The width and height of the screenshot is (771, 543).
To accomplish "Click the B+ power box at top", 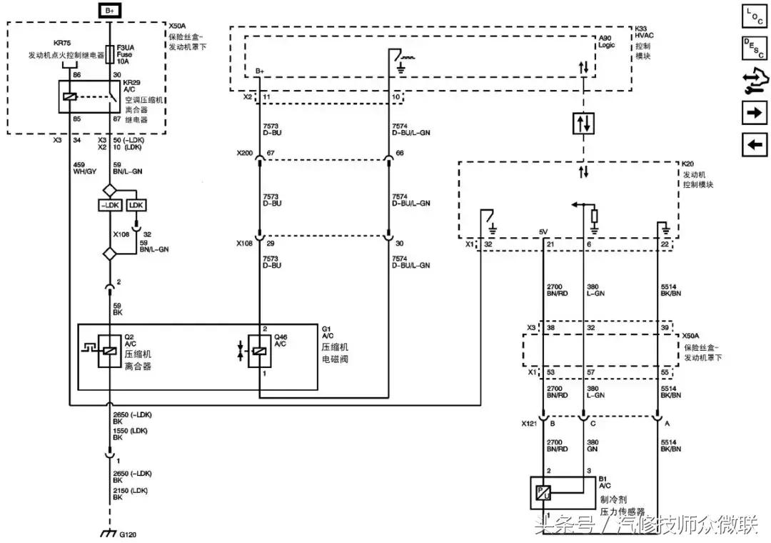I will pos(109,10).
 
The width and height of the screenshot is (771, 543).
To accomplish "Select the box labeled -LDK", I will pos(109,205).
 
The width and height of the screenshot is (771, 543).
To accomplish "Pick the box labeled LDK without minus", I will pos(136,205).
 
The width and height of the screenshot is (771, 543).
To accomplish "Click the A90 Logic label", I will pos(605,41).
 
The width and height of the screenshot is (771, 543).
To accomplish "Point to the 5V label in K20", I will pos(545,231).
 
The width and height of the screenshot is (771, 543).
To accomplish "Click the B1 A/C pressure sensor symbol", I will pos(543,492).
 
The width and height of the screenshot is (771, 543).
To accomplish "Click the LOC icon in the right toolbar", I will pos(754,16).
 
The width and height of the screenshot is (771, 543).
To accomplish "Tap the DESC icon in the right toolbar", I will pos(754,48).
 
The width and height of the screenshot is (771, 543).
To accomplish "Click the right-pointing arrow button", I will pos(754,112).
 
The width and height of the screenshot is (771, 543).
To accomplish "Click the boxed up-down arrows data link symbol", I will pos(583,124).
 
